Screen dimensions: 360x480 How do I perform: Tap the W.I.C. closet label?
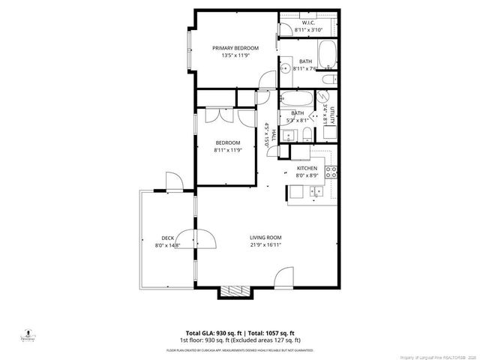(x=308, y=23)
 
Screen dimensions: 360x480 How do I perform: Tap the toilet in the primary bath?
(x=327, y=79)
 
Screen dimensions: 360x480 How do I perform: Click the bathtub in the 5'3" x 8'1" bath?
(x=295, y=98)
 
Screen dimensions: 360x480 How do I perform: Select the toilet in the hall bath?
(x=307, y=133)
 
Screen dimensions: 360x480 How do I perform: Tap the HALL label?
(x=274, y=135)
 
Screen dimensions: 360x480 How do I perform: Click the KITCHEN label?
(x=307, y=168)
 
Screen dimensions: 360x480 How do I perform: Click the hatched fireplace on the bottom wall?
(x=234, y=292)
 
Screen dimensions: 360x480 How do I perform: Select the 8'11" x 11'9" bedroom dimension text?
(x=228, y=150)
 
